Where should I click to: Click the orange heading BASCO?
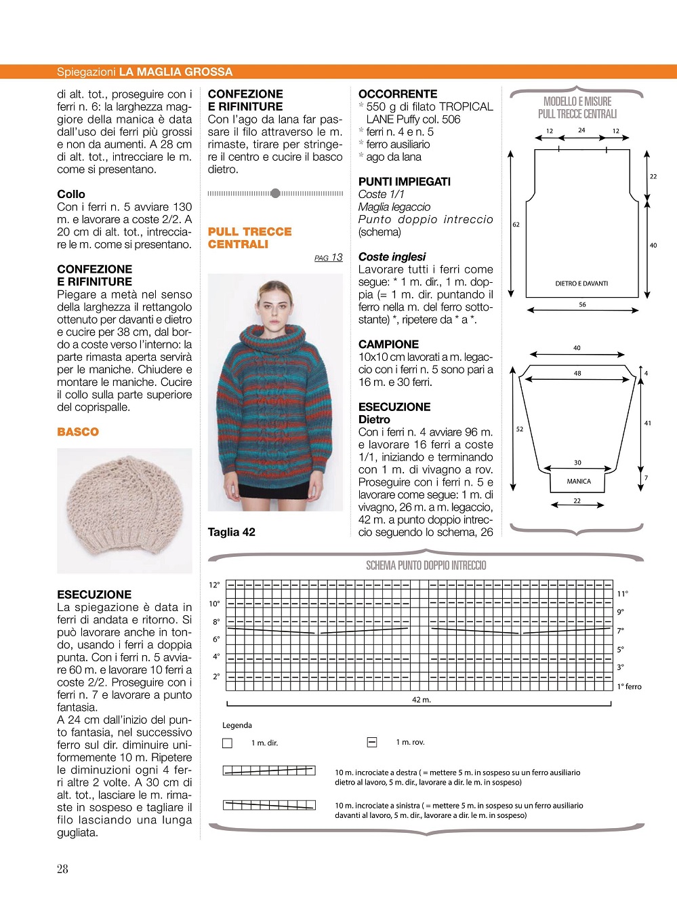point(78,432)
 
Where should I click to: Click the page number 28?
point(62,869)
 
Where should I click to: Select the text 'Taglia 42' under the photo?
point(232,532)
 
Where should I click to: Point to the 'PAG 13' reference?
point(329,258)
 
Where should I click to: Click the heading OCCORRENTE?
point(398,94)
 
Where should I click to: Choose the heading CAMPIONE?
point(388,345)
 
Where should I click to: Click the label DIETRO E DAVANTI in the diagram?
point(581,283)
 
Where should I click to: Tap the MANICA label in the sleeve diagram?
point(579,482)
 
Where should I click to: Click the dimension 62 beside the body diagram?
point(516,224)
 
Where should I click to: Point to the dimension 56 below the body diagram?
point(582,305)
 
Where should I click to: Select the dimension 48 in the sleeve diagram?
point(577,373)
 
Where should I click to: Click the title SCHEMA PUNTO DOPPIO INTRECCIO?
point(426,566)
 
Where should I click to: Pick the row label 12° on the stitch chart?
point(214,585)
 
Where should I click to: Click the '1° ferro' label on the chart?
point(629,687)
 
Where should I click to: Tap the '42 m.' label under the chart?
point(422,700)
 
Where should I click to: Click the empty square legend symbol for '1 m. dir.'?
point(228,743)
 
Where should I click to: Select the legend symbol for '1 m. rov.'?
point(372,743)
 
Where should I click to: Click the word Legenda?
point(237,726)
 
